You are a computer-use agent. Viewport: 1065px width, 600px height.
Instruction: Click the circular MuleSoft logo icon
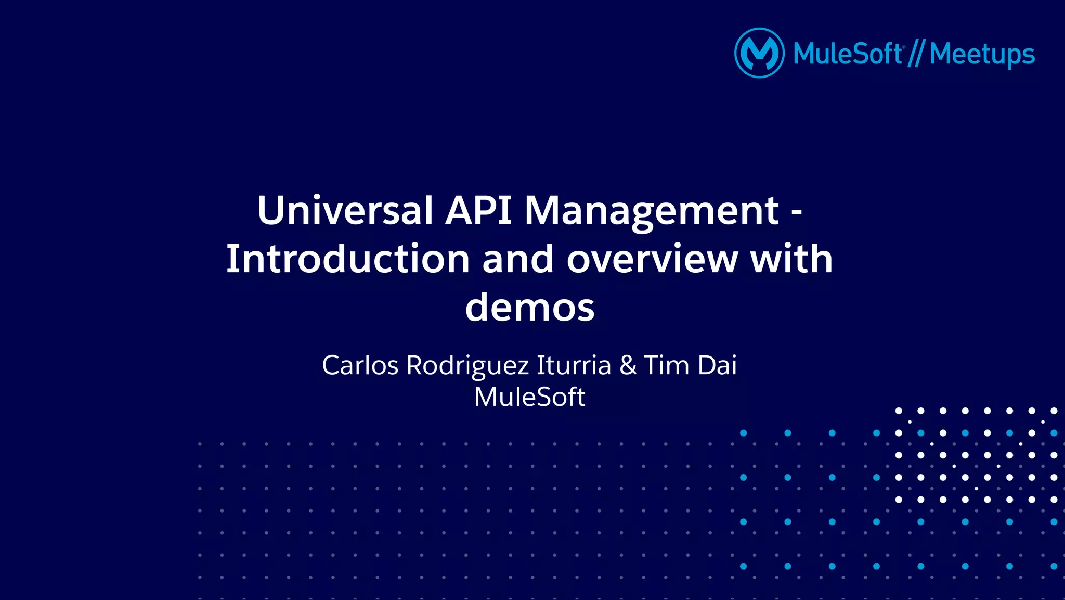(x=759, y=53)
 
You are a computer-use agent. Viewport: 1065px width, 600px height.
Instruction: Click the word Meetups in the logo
(x=982, y=54)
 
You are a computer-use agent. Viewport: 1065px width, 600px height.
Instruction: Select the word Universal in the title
(x=345, y=210)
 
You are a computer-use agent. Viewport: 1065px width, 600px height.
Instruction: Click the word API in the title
(x=478, y=210)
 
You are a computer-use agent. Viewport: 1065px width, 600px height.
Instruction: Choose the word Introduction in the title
(x=348, y=259)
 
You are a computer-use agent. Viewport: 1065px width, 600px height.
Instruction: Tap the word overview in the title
(x=652, y=259)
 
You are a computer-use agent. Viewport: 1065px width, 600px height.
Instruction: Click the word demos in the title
(x=529, y=308)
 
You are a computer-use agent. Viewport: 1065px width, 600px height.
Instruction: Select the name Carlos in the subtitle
(x=360, y=365)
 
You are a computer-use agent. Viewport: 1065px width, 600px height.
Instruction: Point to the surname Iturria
(x=574, y=365)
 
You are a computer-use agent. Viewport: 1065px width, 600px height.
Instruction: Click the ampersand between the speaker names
(x=628, y=365)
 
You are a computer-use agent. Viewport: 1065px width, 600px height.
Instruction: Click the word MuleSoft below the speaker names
(x=529, y=397)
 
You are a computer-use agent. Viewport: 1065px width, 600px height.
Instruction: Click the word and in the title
(x=518, y=259)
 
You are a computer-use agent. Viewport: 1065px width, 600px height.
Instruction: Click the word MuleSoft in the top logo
(x=848, y=54)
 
